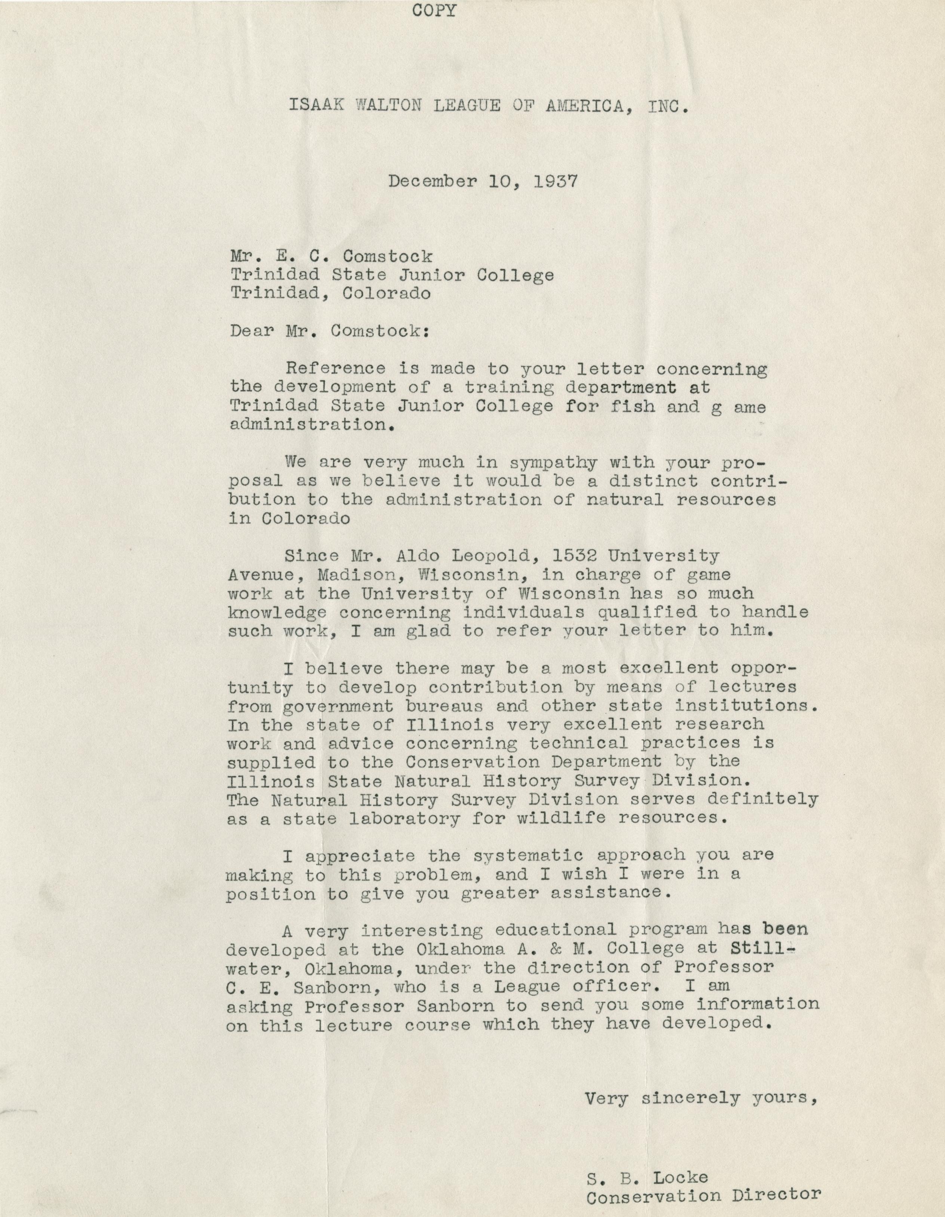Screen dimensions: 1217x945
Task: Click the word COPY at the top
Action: click(x=434, y=10)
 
